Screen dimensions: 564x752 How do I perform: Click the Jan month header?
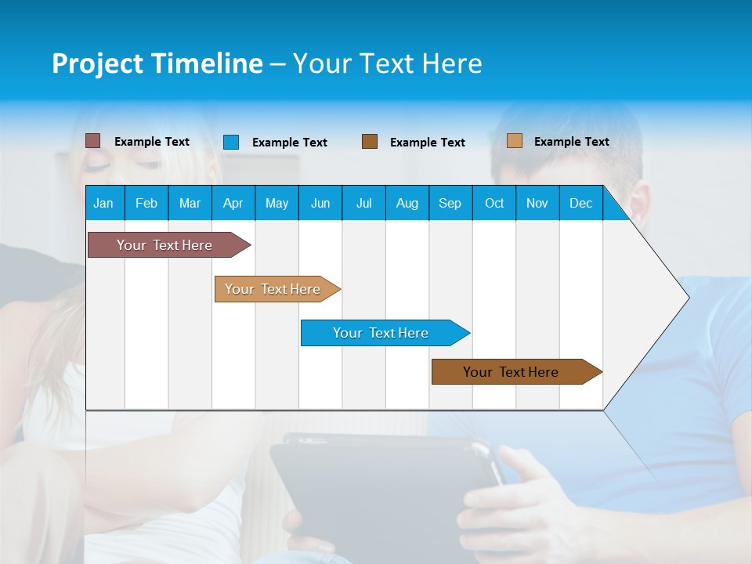(103, 203)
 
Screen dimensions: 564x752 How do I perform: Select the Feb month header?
(146, 203)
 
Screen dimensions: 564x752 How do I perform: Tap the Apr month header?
(233, 203)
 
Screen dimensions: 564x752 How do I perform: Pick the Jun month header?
(320, 203)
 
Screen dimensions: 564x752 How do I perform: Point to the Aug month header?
(407, 203)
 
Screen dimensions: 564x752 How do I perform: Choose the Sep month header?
(450, 203)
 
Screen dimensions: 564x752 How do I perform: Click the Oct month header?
(494, 203)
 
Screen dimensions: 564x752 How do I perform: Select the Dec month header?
(580, 203)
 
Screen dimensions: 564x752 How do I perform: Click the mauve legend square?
(92, 141)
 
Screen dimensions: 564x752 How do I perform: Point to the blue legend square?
(231, 142)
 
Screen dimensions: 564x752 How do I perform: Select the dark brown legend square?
(370, 142)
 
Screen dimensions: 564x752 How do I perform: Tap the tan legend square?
(514, 141)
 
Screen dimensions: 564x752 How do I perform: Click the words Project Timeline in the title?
(157, 63)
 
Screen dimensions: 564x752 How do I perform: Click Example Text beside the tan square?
(571, 142)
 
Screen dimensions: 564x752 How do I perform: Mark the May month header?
(277, 203)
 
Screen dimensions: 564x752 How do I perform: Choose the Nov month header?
(537, 203)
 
